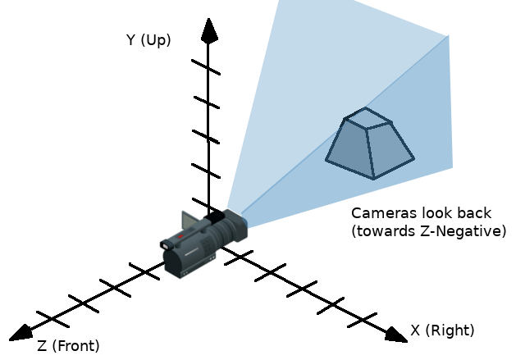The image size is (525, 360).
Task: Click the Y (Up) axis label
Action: tap(148, 39)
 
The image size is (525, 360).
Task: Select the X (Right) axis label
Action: tap(442, 330)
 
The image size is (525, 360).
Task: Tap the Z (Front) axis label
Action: tap(68, 345)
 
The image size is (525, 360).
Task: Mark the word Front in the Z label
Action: tap(79, 345)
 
